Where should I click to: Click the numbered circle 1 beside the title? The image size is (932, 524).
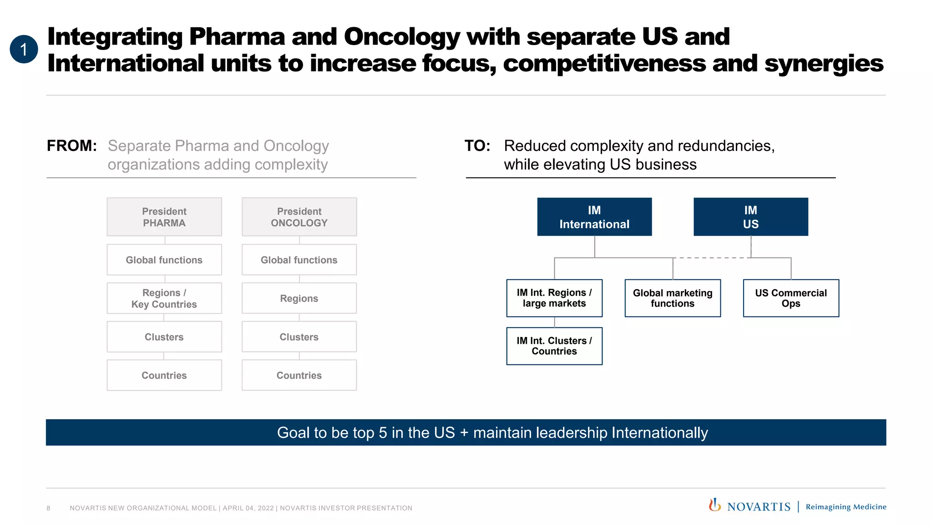click(x=24, y=49)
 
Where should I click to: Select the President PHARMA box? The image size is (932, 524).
click(x=164, y=217)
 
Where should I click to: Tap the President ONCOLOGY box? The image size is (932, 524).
click(x=299, y=217)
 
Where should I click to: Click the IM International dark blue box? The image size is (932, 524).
click(x=594, y=217)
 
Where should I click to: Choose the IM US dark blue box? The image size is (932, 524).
click(x=750, y=217)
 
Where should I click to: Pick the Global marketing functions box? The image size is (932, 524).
click(x=673, y=298)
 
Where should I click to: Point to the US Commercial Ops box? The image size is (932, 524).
click(x=790, y=298)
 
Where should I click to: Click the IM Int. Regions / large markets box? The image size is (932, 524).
click(x=554, y=298)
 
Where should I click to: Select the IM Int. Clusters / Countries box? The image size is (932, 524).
click(x=554, y=346)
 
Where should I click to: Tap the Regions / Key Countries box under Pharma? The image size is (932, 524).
click(x=164, y=298)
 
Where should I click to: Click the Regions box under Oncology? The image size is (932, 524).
click(x=299, y=298)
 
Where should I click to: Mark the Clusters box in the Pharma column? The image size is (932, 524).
click(x=164, y=337)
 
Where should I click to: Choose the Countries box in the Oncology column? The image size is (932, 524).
click(x=299, y=375)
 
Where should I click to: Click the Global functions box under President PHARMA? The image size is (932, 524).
click(x=164, y=260)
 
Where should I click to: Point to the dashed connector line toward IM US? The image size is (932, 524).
click(x=712, y=258)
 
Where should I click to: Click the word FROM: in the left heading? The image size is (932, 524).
click(x=72, y=146)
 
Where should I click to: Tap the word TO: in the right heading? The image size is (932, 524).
click(x=477, y=146)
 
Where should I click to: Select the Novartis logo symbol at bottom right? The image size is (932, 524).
click(x=714, y=505)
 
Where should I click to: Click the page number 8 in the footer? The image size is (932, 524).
click(x=48, y=508)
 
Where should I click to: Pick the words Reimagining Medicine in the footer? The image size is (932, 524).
click(x=846, y=507)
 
